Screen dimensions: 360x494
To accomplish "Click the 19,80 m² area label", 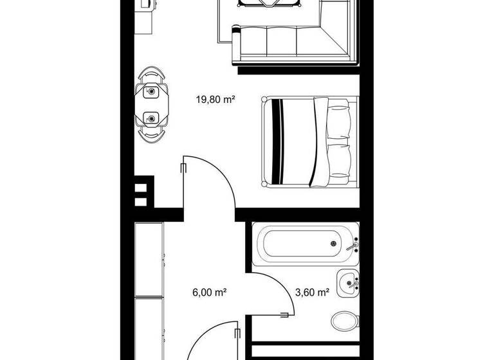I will (x=215, y=100).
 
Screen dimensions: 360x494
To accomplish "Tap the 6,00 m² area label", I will (x=208, y=292).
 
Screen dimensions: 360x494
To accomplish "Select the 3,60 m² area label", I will (x=312, y=292).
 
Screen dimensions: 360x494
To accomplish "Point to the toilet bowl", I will (x=344, y=319).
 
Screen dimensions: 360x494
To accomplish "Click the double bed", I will (x=307, y=141).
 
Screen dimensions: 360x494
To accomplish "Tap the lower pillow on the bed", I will (x=338, y=161).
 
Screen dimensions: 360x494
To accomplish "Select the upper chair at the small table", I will (x=152, y=76).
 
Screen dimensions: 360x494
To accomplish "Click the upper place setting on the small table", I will (x=152, y=92).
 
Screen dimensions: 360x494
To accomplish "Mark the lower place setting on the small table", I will (x=152, y=118).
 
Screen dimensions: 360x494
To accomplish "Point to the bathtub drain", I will (x=333, y=244).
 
